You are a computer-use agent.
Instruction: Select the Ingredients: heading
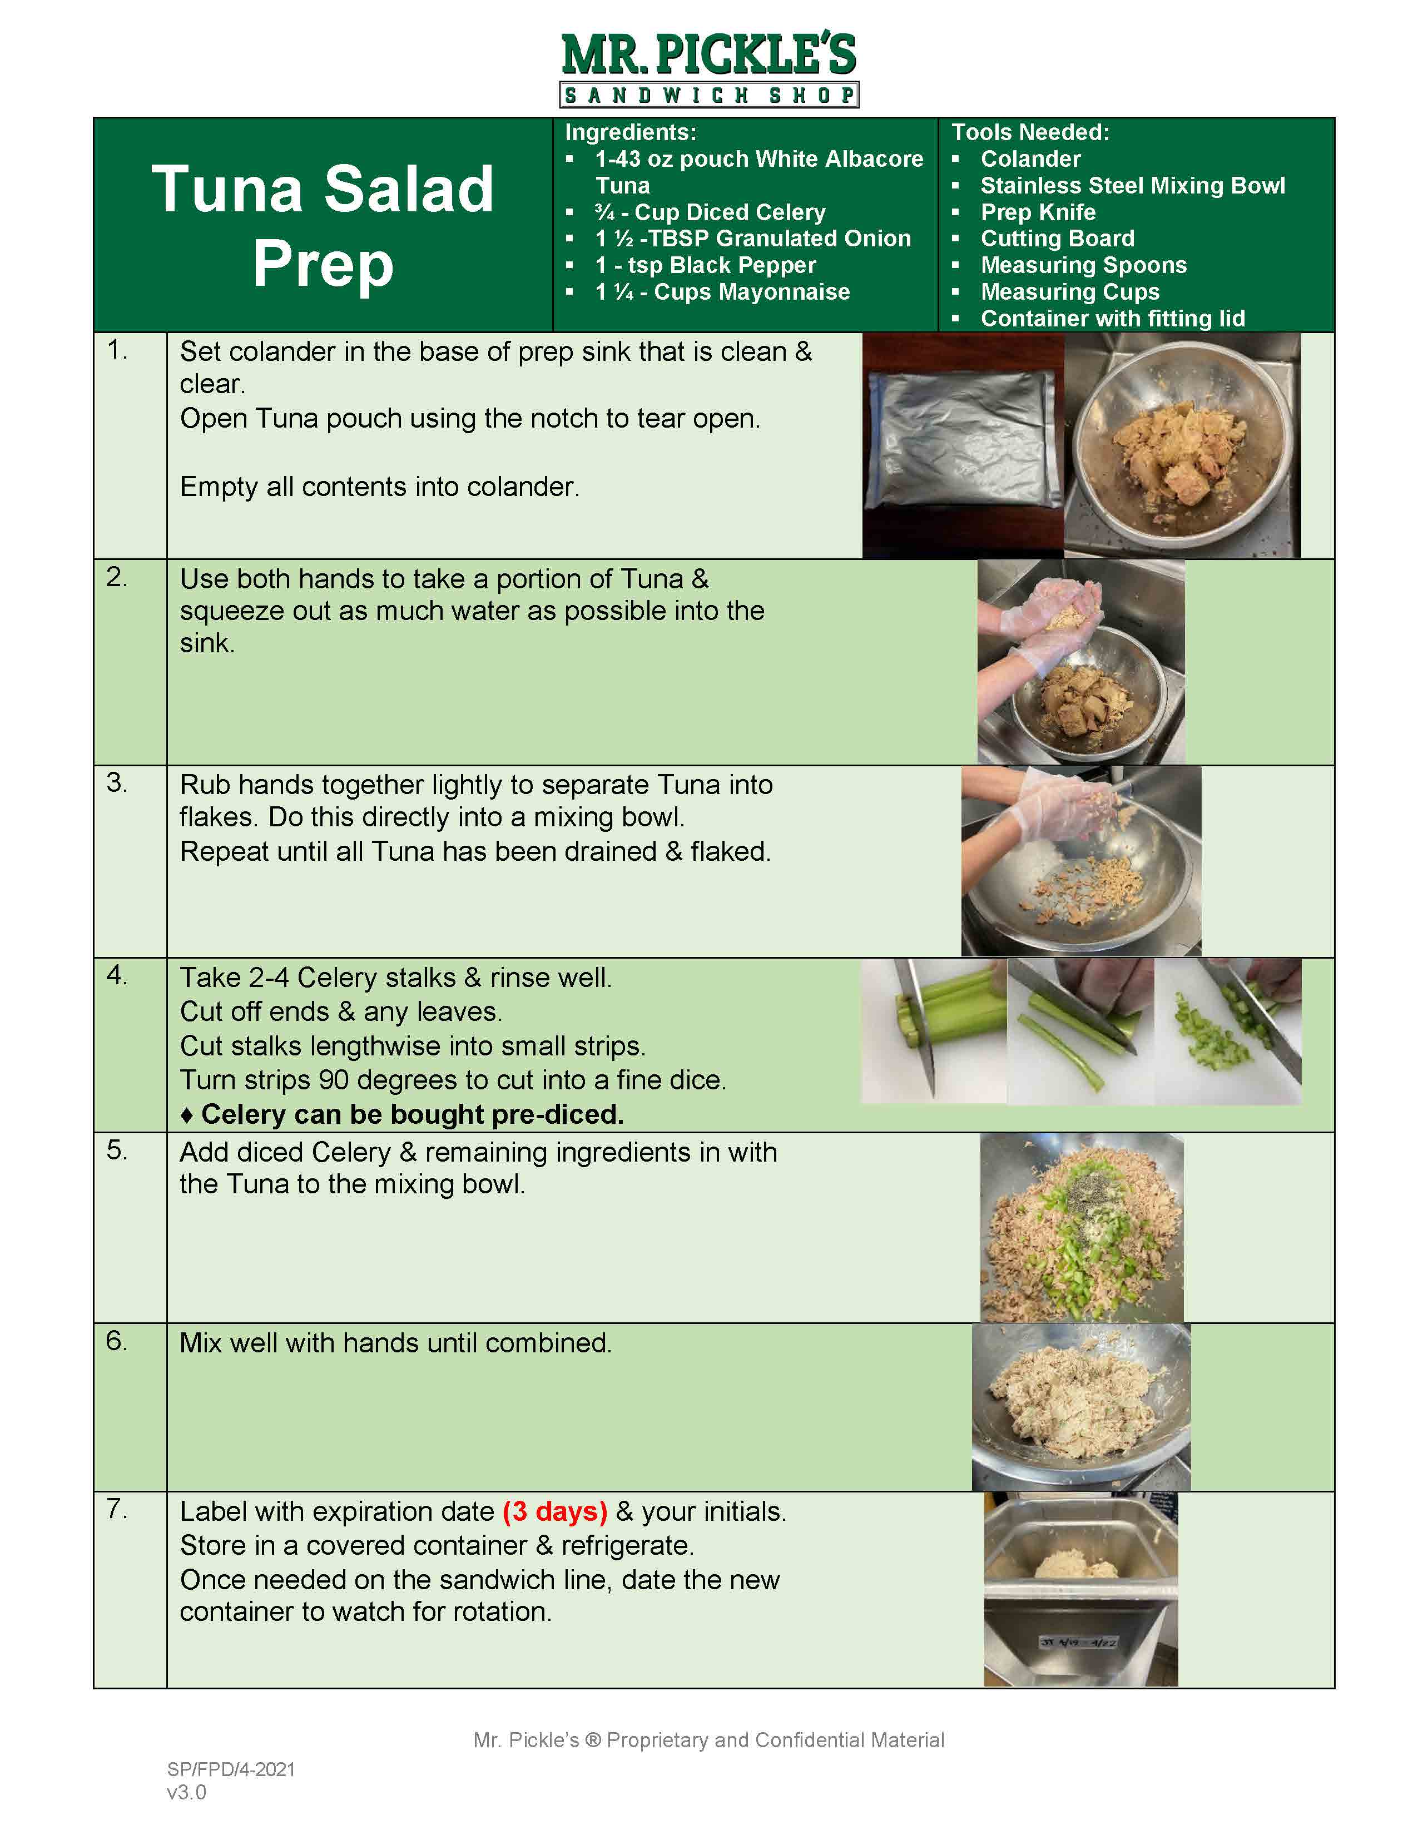click(630, 132)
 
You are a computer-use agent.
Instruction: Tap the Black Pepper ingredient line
click(706, 265)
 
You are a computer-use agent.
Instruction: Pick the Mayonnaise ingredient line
click(722, 292)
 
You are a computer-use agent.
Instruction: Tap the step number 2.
click(117, 577)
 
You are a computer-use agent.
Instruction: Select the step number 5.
click(117, 1150)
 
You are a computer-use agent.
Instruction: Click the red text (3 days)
click(554, 1511)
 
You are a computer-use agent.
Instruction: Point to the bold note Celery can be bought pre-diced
click(411, 1114)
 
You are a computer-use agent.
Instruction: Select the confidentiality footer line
click(708, 1740)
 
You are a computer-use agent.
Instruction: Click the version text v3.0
click(186, 1792)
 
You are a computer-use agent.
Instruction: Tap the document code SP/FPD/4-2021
click(231, 1769)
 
